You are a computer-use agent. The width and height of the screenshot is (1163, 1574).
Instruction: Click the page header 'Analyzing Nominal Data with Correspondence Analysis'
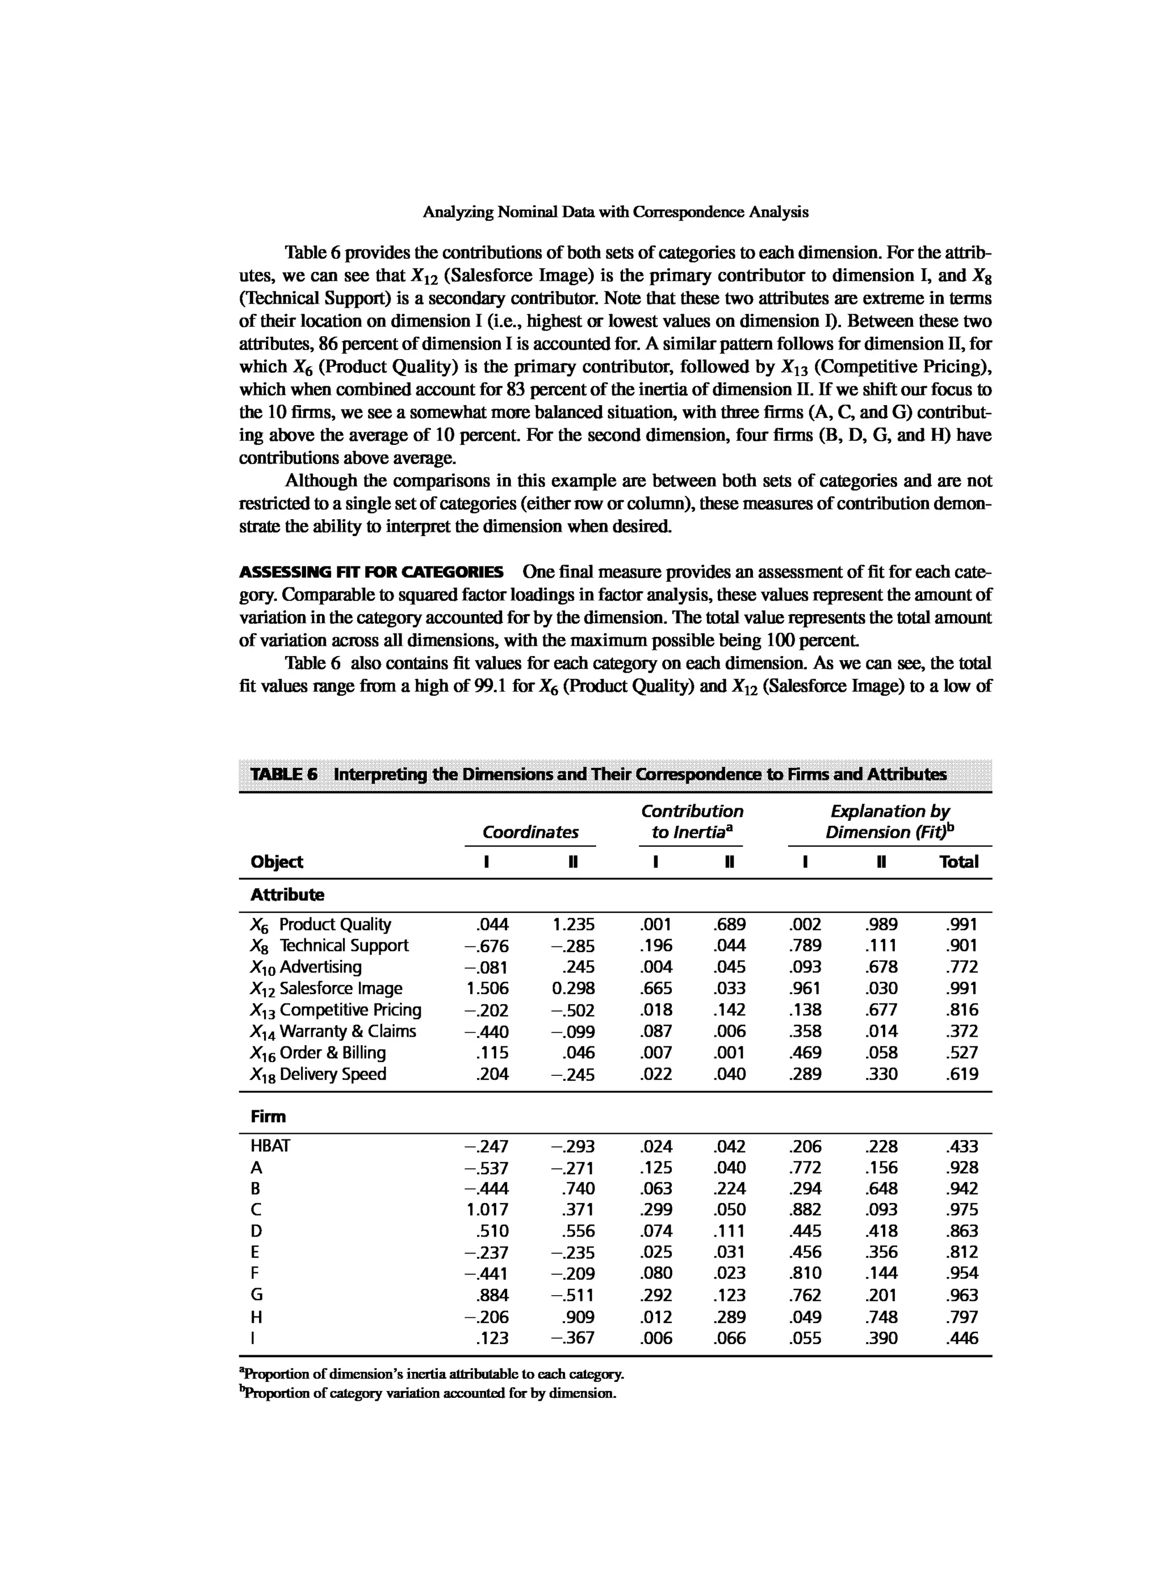point(616,212)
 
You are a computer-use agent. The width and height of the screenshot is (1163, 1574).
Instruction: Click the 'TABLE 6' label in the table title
point(284,775)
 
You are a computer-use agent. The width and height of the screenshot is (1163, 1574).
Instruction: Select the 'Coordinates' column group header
point(530,832)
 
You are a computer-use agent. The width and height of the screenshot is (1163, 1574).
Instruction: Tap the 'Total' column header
point(958,862)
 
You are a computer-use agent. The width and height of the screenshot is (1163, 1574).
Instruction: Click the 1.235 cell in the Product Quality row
point(573,925)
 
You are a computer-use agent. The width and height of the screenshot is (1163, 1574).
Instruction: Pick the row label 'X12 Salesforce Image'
point(326,989)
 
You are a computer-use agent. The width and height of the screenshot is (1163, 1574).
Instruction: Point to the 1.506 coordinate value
point(487,989)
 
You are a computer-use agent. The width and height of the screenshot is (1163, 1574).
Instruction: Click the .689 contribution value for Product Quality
point(729,925)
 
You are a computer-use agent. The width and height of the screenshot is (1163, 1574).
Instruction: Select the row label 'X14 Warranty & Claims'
point(333,1032)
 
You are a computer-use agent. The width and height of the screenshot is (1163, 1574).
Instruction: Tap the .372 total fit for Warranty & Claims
point(963,1032)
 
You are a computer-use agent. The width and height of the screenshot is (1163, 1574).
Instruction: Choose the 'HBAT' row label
point(270,1146)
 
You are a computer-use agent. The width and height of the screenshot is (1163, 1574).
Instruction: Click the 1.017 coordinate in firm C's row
point(487,1210)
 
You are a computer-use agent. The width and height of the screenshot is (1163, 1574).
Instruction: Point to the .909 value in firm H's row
point(578,1317)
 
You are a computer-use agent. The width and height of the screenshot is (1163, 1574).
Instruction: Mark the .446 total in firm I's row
point(963,1338)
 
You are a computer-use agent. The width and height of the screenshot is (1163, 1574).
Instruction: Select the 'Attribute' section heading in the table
point(287,895)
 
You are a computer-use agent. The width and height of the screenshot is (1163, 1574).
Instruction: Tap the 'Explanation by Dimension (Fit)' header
point(890,822)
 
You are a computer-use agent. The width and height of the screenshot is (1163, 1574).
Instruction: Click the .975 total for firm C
point(963,1210)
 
